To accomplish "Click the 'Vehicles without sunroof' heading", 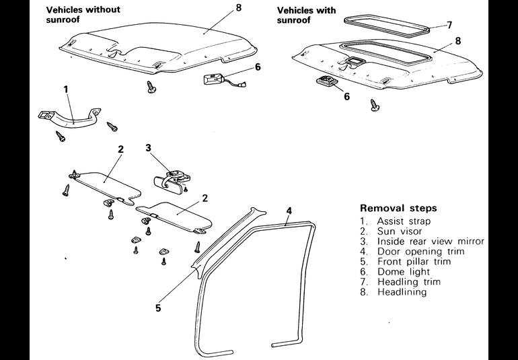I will (82, 15).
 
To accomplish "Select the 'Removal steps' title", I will (398, 208).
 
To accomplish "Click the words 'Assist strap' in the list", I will (404, 221).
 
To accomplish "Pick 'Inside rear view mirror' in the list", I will (431, 242).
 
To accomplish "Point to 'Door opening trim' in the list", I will (421, 252).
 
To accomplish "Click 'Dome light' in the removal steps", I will (400, 272).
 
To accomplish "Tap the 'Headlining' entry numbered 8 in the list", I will (402, 292).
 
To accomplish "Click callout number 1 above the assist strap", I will (66, 89).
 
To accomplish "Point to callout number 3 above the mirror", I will (148, 147).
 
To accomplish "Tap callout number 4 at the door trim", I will (288, 211).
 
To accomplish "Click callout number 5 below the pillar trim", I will (159, 309).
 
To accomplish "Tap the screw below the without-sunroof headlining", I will (152, 87).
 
